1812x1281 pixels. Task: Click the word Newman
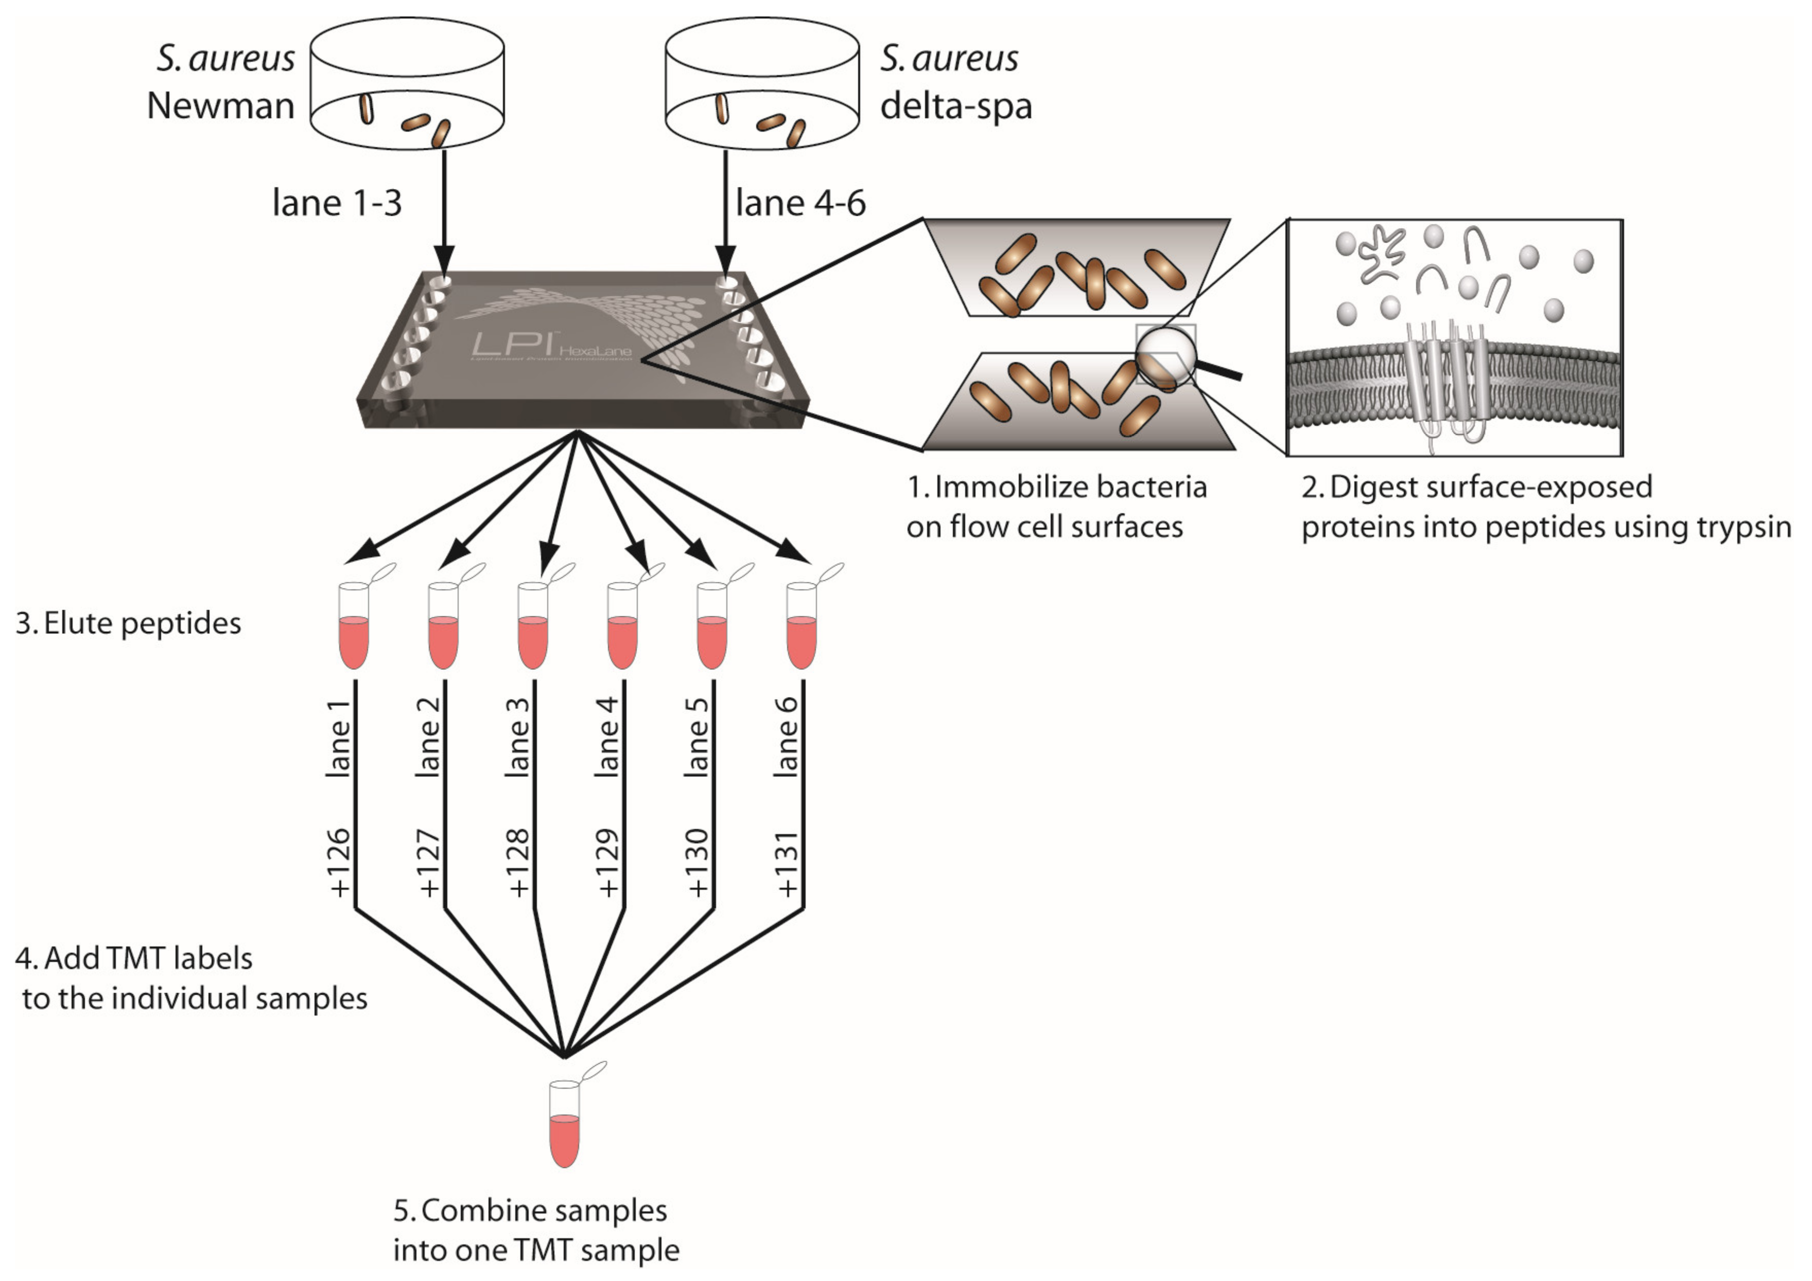tap(220, 106)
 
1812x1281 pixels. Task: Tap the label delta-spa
tap(956, 106)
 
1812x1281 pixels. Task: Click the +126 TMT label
tap(339, 863)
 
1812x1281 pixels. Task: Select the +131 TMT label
tap(787, 863)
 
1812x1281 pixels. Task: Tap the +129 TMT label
tap(607, 863)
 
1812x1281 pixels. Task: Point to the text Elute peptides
tap(142, 624)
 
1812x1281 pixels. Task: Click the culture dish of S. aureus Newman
tap(407, 83)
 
